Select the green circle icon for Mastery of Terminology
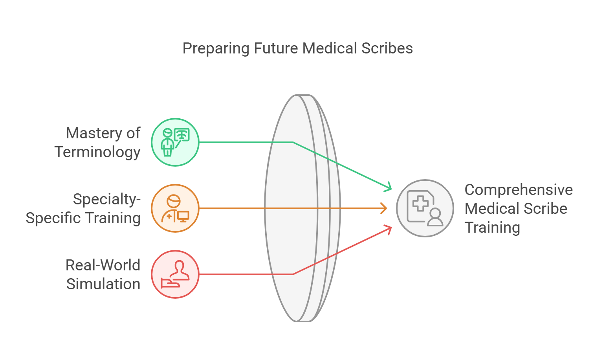pos(175,142)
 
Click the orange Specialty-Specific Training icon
pos(175,208)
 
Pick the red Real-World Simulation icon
pos(175,274)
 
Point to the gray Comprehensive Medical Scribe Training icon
pos(425,208)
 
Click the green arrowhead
pos(389,187)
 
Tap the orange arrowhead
pos(384,208)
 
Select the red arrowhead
pos(389,229)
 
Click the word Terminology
pos(97,152)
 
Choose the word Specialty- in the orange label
pos(106,199)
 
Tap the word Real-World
pos(103,265)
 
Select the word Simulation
pos(103,284)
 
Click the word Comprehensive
pos(519,190)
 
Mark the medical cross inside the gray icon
pos(420,203)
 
